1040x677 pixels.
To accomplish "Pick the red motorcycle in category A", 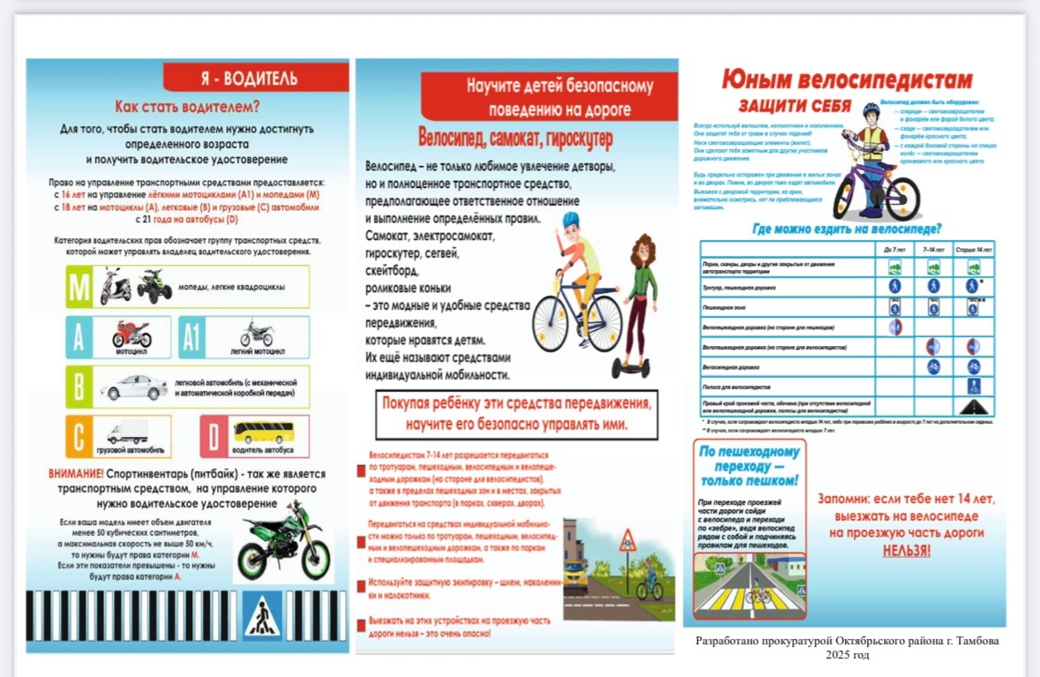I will pos(131,334).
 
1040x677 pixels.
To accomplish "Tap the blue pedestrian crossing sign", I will pos(262,616).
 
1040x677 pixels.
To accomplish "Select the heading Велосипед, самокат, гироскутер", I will pos(515,139).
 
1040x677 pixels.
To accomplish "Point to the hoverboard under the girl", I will pos(640,365).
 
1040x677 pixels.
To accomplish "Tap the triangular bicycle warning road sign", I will pos(627,540).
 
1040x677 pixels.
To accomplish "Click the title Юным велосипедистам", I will pos(847,80).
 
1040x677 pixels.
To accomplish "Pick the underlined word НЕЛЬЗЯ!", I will pos(906,550).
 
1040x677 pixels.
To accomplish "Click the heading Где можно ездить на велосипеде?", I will pos(846,228).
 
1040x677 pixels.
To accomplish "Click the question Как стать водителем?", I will pos(188,108).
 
